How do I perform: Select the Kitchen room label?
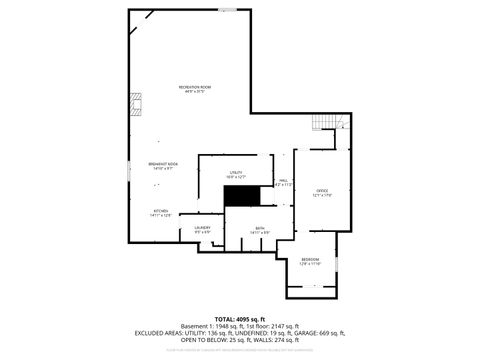point(160,213)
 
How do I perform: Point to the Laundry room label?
point(202,231)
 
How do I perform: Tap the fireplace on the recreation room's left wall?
point(135,103)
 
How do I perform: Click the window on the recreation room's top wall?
point(229,10)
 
